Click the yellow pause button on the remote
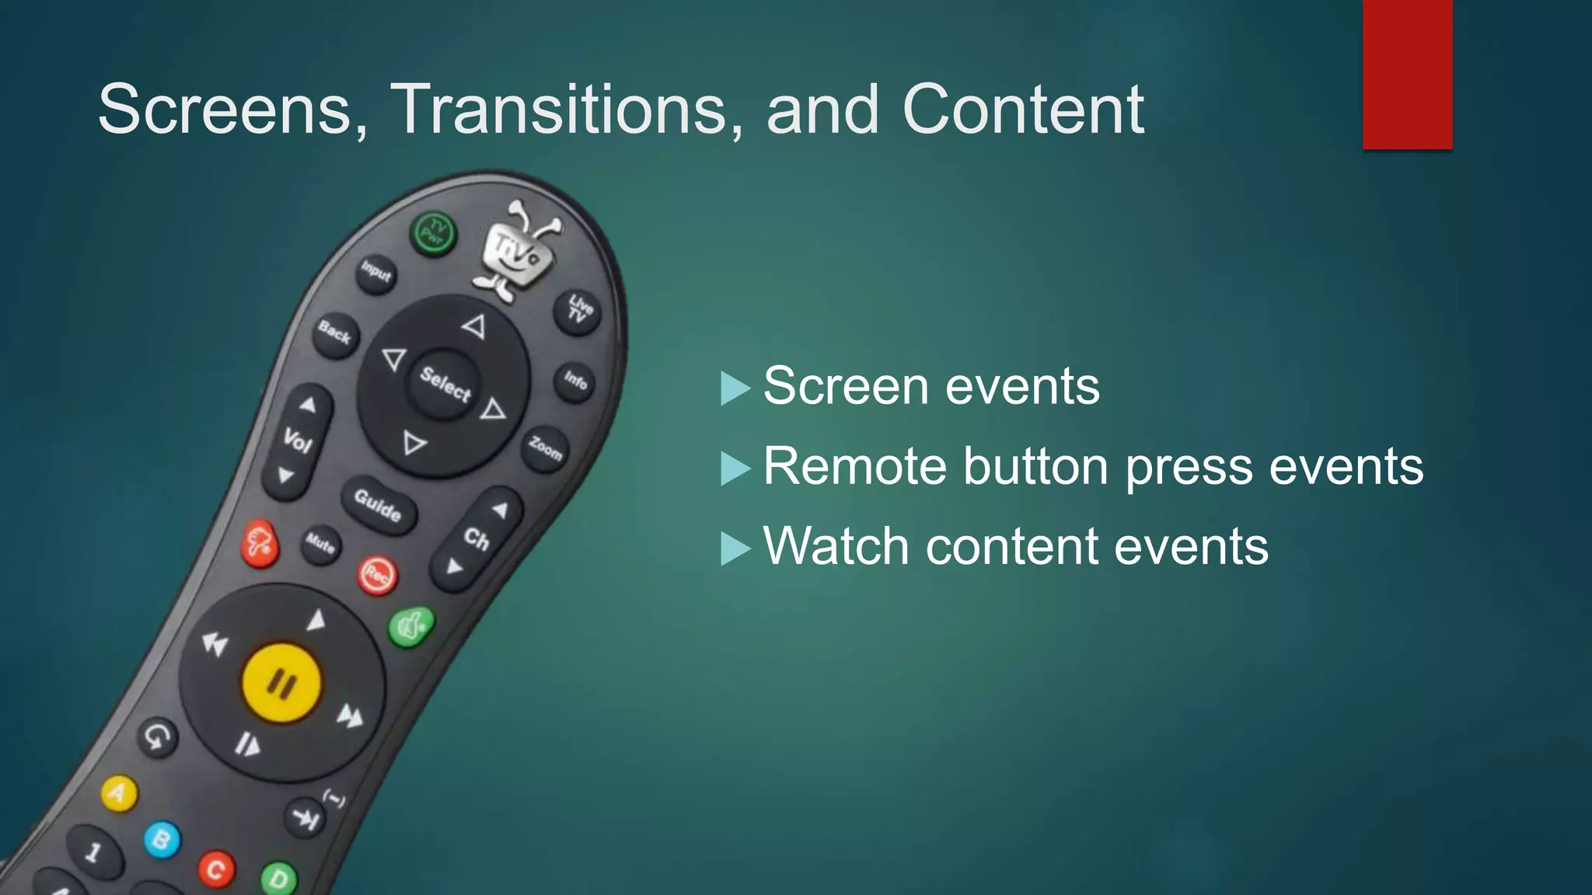pyautogui.click(x=281, y=683)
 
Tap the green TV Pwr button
pyautogui.click(x=433, y=232)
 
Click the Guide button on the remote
pyautogui.click(x=379, y=504)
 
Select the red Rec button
pyautogui.click(x=377, y=576)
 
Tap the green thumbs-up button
pyautogui.click(x=411, y=626)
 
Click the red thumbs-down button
pyautogui.click(x=260, y=543)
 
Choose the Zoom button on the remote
pyautogui.click(x=545, y=448)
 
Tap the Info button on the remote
pyautogui.click(x=575, y=380)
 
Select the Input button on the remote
pyautogui.click(x=376, y=272)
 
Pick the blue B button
pyautogui.click(x=162, y=840)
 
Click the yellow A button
pyautogui.click(x=119, y=794)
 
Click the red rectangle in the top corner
pyautogui.click(x=1407, y=74)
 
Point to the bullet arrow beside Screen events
pyautogui.click(x=735, y=388)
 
